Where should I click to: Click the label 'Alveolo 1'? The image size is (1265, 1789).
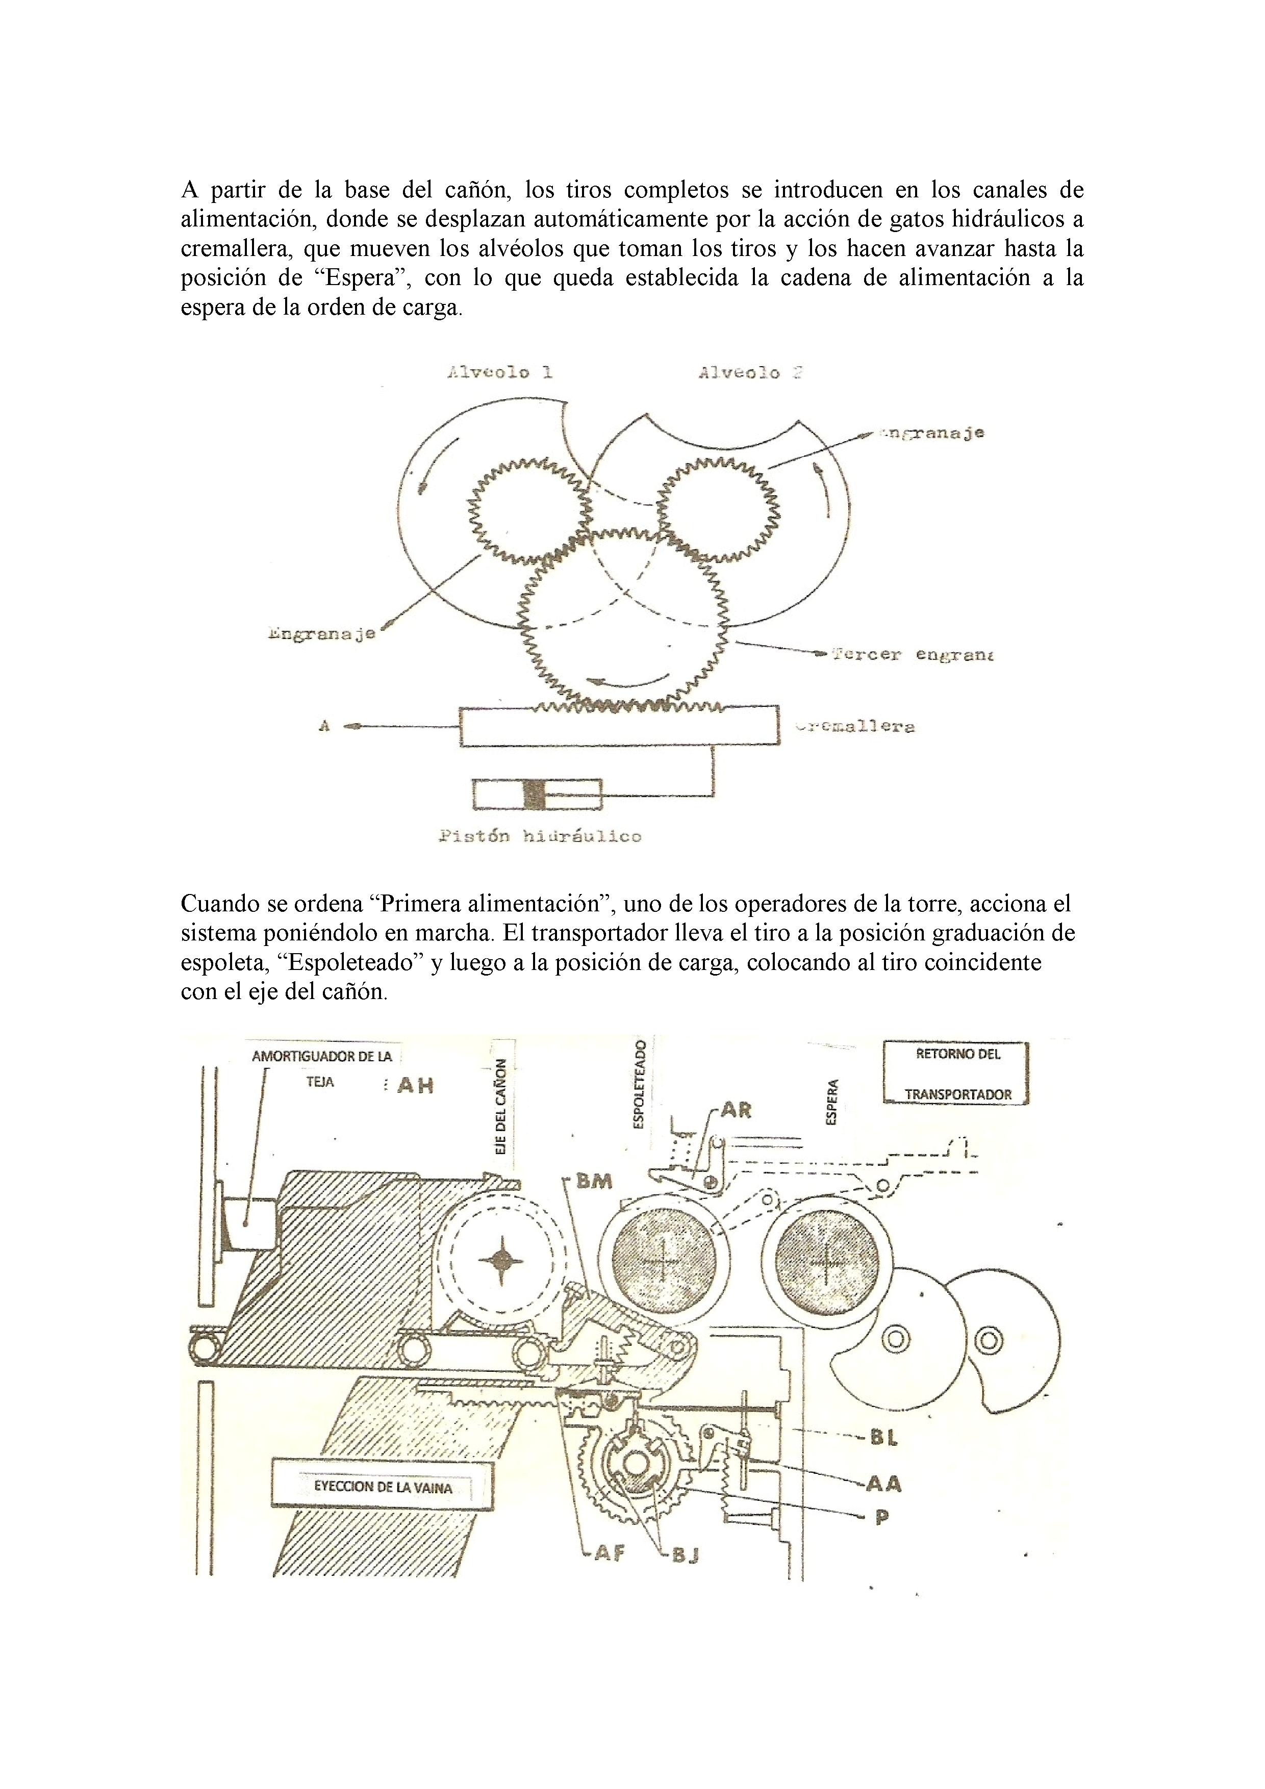(x=499, y=372)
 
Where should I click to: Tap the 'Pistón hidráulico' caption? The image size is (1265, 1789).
(x=540, y=837)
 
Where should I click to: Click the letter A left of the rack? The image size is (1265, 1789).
(x=324, y=726)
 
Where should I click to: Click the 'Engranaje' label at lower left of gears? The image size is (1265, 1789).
(x=321, y=633)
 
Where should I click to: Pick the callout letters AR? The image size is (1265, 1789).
(x=735, y=1110)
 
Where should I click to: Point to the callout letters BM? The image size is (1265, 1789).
(x=594, y=1181)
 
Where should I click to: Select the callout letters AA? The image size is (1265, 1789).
(x=884, y=1484)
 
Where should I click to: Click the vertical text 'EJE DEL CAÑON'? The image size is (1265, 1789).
(x=501, y=1107)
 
